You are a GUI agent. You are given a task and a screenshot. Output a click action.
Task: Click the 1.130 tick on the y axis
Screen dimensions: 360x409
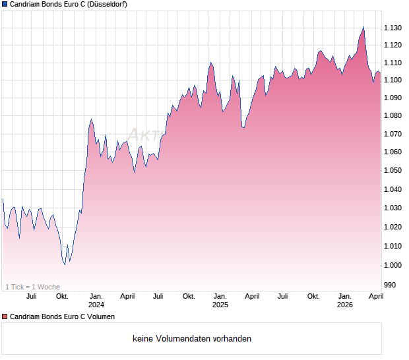pos(393,28)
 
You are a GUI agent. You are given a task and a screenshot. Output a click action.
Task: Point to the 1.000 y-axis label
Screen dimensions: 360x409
pos(393,265)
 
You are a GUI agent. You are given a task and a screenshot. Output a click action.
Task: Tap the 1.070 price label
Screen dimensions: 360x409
pos(393,134)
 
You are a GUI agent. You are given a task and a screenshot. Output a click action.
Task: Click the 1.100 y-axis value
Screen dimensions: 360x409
pos(393,80)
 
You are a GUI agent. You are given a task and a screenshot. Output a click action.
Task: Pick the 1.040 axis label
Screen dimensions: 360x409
pos(393,189)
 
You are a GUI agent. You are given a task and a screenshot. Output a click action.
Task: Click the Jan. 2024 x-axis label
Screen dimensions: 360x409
pos(96,300)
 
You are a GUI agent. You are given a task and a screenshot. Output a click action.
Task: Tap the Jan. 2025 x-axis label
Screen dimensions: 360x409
pos(220,300)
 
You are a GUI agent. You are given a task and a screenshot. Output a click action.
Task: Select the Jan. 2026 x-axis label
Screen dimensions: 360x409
pos(344,300)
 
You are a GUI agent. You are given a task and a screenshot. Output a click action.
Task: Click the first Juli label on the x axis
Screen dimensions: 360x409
pos(30,296)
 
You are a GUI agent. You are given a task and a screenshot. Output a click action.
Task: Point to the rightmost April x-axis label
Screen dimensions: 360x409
pos(375,296)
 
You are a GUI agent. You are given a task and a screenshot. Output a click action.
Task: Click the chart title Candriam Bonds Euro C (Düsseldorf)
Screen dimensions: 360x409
pos(69,4)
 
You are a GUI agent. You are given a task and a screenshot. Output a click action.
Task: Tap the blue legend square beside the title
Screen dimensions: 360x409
pos(5,4)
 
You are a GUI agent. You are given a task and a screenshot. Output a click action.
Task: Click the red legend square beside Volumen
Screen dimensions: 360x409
pos(5,316)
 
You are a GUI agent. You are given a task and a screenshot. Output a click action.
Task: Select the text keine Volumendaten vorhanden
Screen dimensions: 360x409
pos(192,339)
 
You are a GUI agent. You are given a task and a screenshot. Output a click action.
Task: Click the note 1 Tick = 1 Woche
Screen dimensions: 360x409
pos(32,287)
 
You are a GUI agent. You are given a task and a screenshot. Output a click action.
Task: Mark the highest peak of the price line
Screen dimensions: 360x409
pos(363,27)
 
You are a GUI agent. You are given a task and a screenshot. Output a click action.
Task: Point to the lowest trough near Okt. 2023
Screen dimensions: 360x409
pos(65,264)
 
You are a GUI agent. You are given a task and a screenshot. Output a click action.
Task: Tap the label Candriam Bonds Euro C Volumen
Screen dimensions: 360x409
pos(62,316)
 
